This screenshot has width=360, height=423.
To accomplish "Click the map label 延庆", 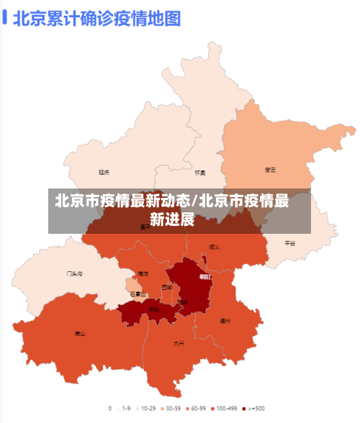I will click(104, 172).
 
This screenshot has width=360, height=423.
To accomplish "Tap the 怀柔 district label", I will click(199, 173).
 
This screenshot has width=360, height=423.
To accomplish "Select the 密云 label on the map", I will click(270, 170).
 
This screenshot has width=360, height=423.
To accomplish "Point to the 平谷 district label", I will click(290, 243).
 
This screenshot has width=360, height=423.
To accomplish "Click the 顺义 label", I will click(214, 247).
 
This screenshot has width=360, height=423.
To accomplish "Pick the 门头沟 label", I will click(74, 274).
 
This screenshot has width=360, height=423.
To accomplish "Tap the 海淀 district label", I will click(143, 274).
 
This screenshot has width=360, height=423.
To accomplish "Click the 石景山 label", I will click(138, 294).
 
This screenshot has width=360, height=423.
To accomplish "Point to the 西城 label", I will click(167, 287).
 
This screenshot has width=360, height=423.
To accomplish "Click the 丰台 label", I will click(153, 309).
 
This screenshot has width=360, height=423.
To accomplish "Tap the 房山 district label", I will click(79, 334).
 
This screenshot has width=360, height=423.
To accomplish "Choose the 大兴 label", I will click(179, 343).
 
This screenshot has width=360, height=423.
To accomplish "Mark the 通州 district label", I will click(225, 321).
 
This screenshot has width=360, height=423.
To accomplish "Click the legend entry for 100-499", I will click(228, 408).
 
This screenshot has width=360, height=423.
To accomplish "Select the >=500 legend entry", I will click(255, 408).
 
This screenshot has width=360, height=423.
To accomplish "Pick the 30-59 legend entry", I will click(171, 408).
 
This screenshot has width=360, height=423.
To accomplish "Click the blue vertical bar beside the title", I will click(5, 18).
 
